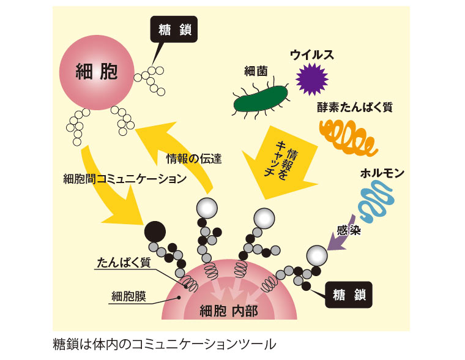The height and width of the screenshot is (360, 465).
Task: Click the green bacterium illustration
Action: coord(260,99)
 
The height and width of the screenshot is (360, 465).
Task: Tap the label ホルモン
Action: coord(382,173)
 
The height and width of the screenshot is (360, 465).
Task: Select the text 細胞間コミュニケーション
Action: coord(124,179)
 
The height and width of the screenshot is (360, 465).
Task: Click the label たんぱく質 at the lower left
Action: coord(124,263)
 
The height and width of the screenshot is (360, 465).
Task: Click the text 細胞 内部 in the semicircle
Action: coord(229,311)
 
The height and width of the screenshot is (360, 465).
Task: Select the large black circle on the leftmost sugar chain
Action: coord(154,232)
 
